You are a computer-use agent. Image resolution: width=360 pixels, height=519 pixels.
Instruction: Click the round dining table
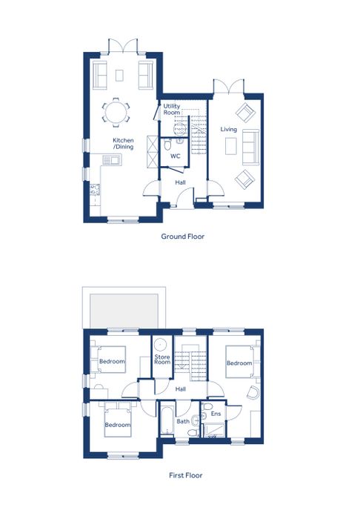(116, 113)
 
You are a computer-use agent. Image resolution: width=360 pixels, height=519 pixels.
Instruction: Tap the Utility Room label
(172, 109)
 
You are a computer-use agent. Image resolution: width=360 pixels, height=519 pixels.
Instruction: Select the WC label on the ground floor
(176, 156)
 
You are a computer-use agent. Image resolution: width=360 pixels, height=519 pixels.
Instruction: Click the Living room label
(229, 129)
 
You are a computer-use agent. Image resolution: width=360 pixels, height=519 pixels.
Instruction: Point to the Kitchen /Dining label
(123, 144)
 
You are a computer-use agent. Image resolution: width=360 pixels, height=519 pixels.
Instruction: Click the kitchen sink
(112, 160)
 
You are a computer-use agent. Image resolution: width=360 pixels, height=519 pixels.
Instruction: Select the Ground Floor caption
(182, 237)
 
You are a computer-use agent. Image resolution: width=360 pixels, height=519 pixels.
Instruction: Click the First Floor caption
(185, 475)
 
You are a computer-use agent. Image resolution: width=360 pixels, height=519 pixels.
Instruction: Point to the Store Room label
(162, 360)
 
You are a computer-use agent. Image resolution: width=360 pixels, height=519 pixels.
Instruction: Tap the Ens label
(216, 414)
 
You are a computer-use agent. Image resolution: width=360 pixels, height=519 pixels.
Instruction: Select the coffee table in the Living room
(231, 146)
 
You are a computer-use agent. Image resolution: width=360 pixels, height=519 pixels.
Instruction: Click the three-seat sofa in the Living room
(250, 147)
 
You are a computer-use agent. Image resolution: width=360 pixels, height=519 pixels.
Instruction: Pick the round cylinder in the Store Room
(161, 345)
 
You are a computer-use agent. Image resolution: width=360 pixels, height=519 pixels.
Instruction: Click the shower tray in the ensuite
(214, 430)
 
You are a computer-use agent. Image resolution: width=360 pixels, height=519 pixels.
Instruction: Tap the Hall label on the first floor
(181, 389)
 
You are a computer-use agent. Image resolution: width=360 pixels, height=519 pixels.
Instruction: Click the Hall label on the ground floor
(180, 182)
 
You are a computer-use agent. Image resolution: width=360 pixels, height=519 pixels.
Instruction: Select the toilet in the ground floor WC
(167, 145)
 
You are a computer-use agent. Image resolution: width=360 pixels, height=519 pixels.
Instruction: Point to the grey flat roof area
(123, 311)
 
